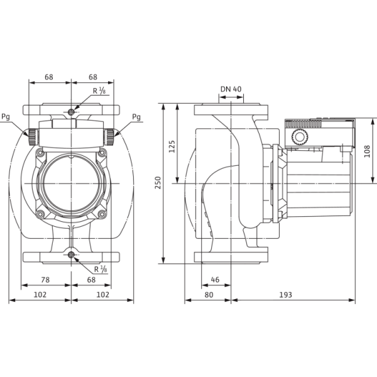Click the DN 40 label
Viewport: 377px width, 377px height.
click(x=231, y=89)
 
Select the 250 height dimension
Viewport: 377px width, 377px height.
click(x=158, y=183)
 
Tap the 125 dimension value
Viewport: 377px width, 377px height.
click(x=172, y=146)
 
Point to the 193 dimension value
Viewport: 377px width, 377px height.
click(x=285, y=295)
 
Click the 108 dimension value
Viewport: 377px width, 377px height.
click(x=367, y=151)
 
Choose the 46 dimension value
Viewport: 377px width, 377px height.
click(x=215, y=280)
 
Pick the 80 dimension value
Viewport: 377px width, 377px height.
click(x=209, y=295)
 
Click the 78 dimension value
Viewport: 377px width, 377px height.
click(x=45, y=280)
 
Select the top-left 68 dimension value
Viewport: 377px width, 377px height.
click(x=49, y=77)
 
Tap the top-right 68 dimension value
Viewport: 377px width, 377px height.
click(x=93, y=77)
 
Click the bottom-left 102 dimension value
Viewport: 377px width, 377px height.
click(x=40, y=295)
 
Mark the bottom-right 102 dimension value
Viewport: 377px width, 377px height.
click(x=102, y=295)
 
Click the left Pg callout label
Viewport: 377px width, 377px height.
click(x=6, y=117)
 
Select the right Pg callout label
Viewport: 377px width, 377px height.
click(x=136, y=117)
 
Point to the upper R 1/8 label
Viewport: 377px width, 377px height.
click(x=99, y=90)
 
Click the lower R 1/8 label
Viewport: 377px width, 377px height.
click(x=101, y=269)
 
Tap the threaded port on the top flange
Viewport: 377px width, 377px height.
click(x=71, y=112)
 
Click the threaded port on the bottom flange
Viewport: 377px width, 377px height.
click(x=71, y=255)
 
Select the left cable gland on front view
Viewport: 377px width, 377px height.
click(x=33, y=137)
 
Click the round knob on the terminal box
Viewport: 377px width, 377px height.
click(x=300, y=137)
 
